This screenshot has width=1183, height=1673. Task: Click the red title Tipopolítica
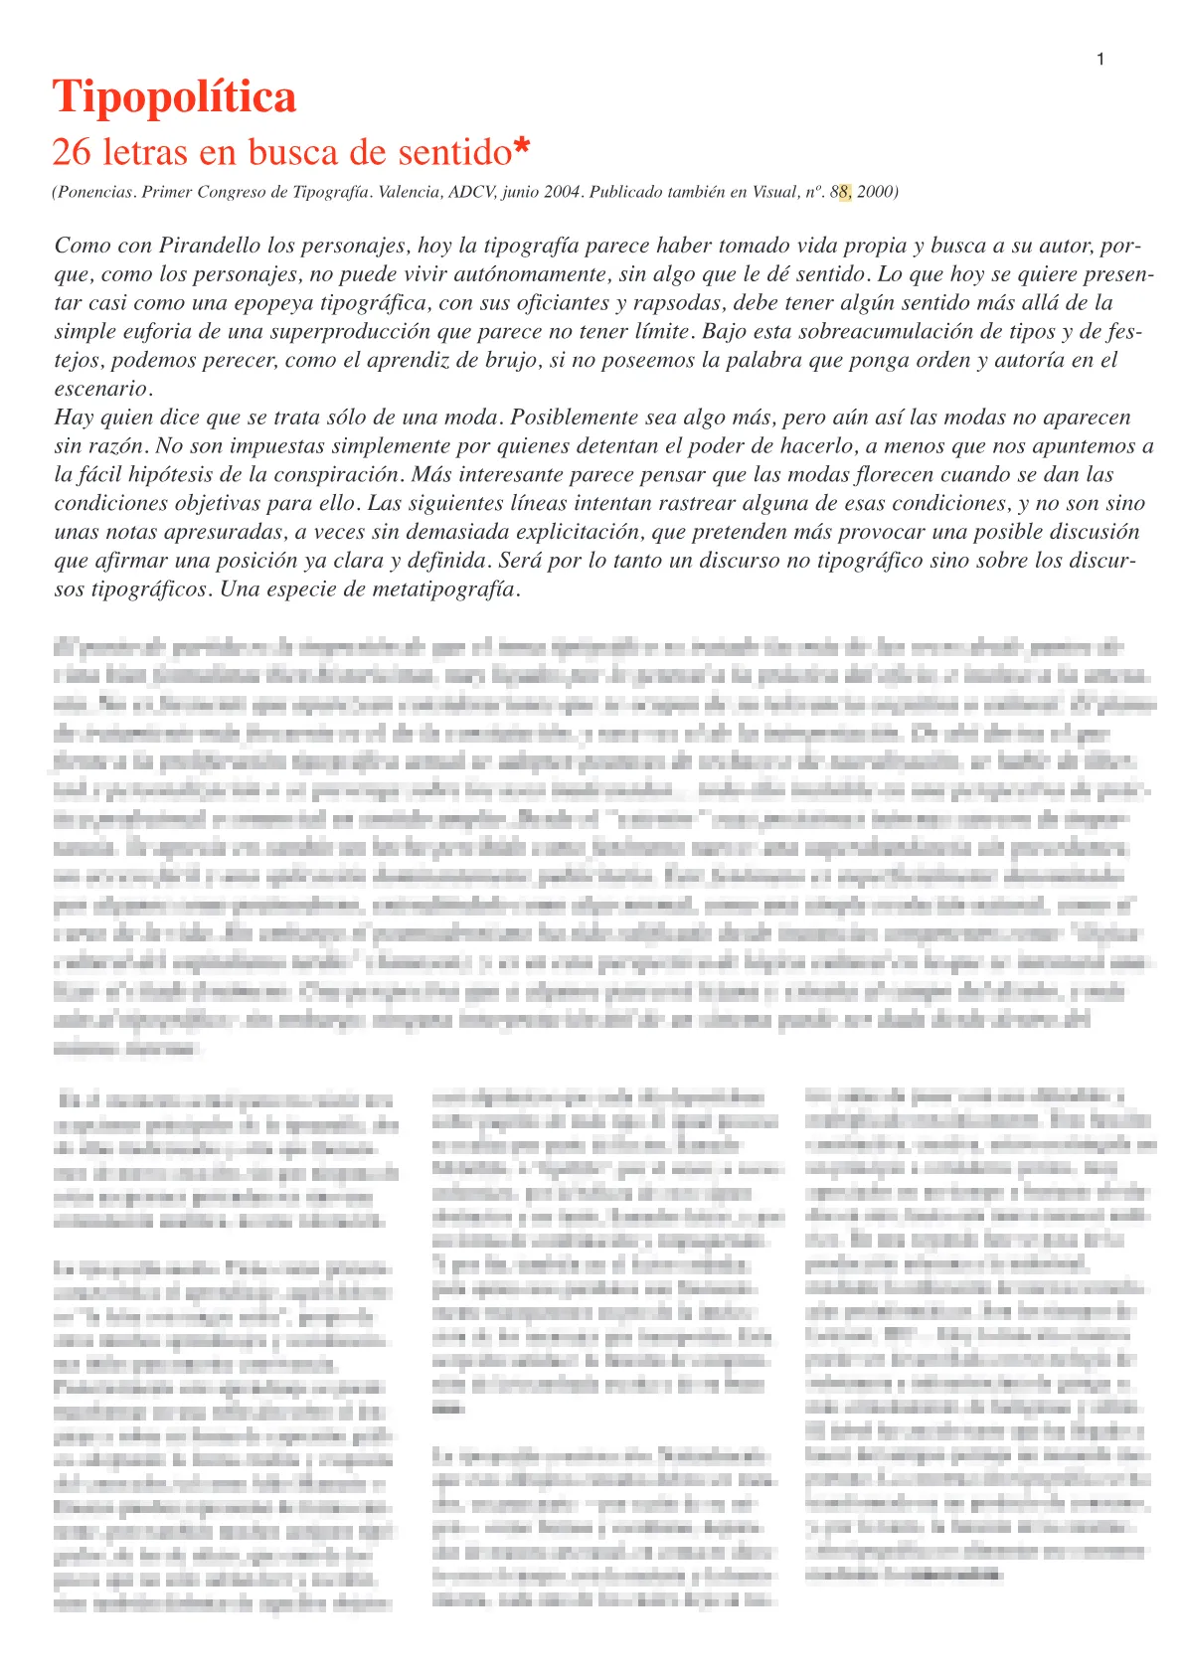point(174,97)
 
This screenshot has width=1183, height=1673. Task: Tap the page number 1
point(1100,60)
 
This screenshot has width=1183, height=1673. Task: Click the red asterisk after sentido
point(522,150)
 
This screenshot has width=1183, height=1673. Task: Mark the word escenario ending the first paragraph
point(100,389)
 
